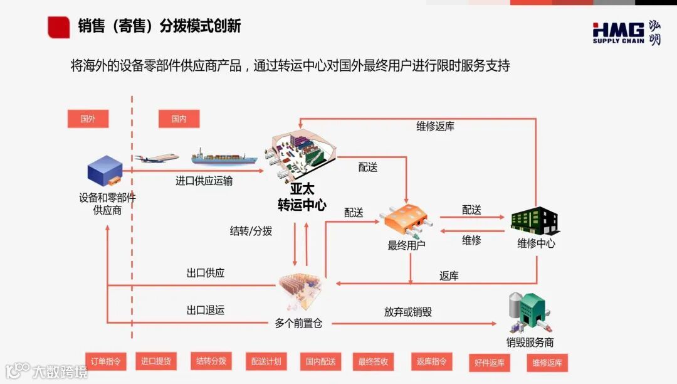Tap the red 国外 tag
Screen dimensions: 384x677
click(88, 119)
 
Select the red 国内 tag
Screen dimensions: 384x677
click(179, 119)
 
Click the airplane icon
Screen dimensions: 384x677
click(157, 158)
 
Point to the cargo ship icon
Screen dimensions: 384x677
click(224, 157)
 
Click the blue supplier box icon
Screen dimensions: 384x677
click(105, 171)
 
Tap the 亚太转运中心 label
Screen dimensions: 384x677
click(302, 196)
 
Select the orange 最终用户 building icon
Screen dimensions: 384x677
click(406, 220)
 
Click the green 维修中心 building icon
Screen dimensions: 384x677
click(534, 220)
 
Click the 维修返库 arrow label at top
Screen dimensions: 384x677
click(435, 126)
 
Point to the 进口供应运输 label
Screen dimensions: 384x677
click(204, 181)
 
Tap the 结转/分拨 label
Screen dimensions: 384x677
click(251, 231)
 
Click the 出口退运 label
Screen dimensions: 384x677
click(205, 310)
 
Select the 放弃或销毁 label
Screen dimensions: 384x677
click(408, 312)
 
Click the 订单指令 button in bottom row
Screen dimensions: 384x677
click(105, 361)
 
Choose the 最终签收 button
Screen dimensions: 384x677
click(373, 361)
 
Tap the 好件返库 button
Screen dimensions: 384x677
click(490, 363)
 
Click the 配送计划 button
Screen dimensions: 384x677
click(266, 361)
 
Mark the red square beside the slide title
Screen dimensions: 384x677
click(58, 27)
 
